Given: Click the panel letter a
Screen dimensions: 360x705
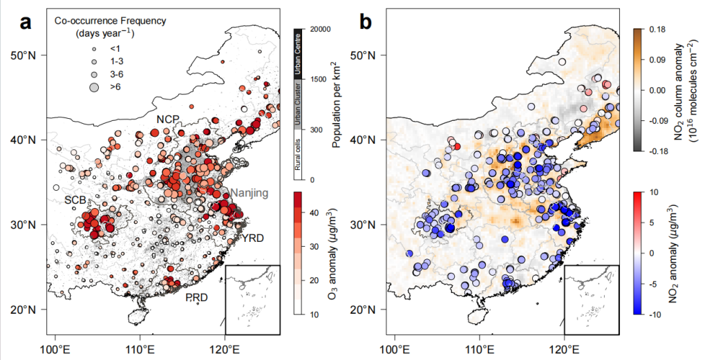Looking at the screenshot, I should pyautogui.click(x=26, y=22).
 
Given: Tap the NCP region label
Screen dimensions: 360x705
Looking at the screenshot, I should pyautogui.click(x=168, y=120).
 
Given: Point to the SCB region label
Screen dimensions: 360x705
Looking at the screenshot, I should pyautogui.click(x=75, y=199).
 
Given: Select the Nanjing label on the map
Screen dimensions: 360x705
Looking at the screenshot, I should pyautogui.click(x=249, y=193).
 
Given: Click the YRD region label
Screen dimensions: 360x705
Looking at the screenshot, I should pyautogui.click(x=255, y=238).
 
